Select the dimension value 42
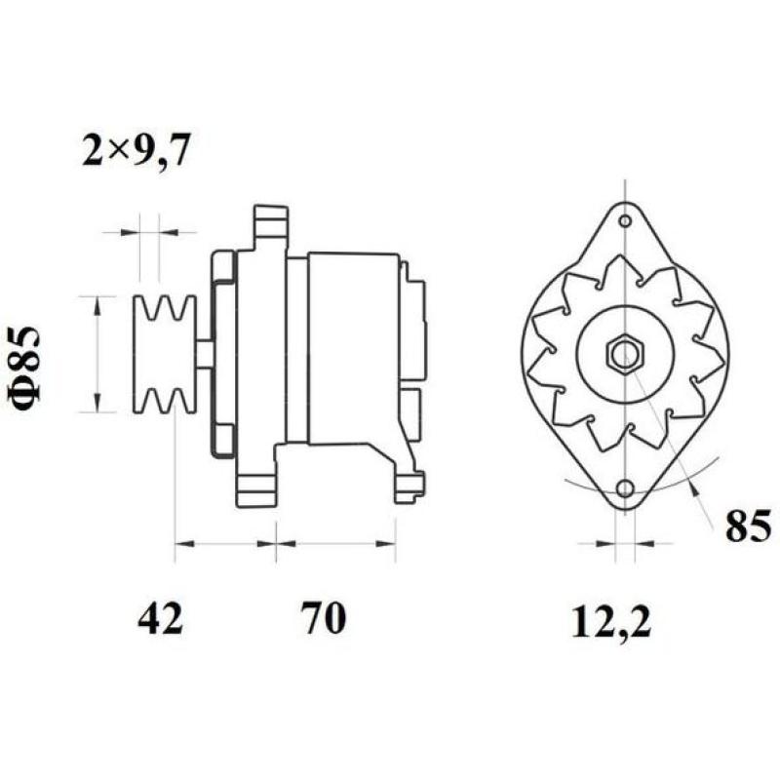tap(160, 618)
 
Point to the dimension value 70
tap(323, 618)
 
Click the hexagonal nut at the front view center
tap(623, 355)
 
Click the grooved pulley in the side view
tap(164, 354)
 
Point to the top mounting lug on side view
tap(271, 226)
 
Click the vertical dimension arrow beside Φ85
tap(97, 354)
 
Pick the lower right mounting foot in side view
tap(409, 484)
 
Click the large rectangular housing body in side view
tap(352, 346)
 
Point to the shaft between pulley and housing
tap(204, 354)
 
